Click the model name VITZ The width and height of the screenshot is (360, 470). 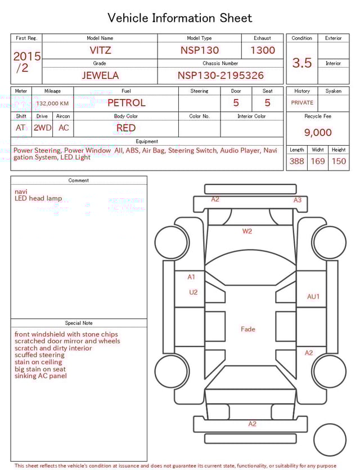[100, 50]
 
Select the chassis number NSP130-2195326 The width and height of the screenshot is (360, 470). [220, 75]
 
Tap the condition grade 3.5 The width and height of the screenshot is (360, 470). [302, 63]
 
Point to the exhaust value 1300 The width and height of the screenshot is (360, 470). [263, 50]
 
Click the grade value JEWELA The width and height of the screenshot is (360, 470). [100, 75]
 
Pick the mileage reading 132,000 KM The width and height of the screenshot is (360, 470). [52, 104]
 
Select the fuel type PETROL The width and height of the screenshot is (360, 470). [126, 102]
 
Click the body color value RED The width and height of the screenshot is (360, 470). [126, 128]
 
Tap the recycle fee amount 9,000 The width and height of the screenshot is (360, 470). [318, 132]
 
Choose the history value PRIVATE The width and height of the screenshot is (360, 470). [302, 102]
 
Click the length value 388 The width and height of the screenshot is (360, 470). [296, 161]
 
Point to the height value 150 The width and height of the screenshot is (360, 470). [339, 161]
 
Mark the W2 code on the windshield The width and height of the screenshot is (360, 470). [247, 231]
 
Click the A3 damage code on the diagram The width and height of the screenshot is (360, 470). [298, 200]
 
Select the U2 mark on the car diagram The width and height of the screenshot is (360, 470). [193, 292]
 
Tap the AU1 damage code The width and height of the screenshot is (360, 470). [313, 297]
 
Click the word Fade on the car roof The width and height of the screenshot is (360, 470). [247, 329]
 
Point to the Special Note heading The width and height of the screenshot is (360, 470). [79, 323]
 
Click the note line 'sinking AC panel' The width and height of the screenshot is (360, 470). [40, 376]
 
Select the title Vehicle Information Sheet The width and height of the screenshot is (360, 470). [180, 18]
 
